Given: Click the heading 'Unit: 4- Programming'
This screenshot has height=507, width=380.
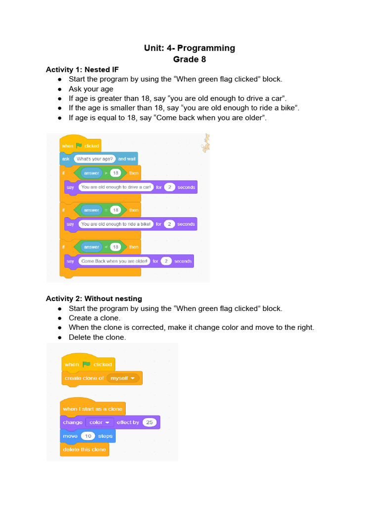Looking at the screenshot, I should pos(190,48).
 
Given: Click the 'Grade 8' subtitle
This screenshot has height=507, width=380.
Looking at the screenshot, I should pos(190,59).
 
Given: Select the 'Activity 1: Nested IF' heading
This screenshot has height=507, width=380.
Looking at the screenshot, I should pos(82,69).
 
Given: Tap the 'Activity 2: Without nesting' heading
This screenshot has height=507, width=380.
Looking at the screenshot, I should pos(94,299).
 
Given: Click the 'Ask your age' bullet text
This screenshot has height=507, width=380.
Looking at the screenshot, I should pos(91,89).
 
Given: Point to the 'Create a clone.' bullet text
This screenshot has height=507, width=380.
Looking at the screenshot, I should pos(95,318).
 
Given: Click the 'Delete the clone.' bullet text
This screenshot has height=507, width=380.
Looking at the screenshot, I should pos(97,337).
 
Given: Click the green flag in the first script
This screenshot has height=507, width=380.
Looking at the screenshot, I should pos(79,146).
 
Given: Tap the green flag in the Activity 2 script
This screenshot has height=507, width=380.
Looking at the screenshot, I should pos(87,364).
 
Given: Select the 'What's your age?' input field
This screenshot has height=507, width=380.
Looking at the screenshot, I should pos(95,159).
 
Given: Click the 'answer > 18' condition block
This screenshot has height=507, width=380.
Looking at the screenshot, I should pos(101,173).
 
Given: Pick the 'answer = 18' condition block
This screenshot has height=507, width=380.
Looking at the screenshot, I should pos(101,210).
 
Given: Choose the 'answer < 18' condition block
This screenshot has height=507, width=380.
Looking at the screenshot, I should pos(101,247).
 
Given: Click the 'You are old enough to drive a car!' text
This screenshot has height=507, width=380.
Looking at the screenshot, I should pos(116,187).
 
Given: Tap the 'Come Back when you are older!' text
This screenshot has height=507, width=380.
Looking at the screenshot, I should pos(114,261).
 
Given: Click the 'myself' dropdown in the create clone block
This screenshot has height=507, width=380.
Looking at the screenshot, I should pos(123,378).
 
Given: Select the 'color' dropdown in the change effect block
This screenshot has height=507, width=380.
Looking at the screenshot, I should pos(99,422).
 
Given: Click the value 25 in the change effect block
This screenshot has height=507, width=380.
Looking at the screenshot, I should pos(149,422).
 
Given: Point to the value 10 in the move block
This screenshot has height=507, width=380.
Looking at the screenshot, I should pos(89,436).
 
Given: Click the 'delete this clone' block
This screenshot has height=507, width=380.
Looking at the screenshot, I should pos(85,450).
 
